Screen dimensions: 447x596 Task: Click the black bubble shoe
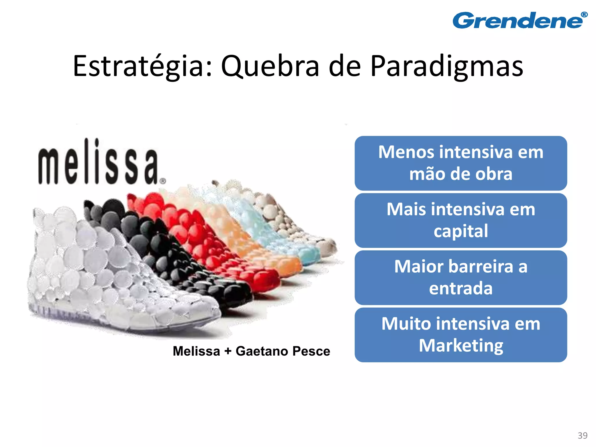point(186,262)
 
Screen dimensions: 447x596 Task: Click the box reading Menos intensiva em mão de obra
point(461,163)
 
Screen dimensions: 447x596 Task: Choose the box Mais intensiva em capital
point(461,220)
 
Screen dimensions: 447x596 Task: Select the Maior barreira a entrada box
point(461,277)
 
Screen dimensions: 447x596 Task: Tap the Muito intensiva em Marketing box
point(461,335)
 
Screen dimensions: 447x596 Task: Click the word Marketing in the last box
point(461,346)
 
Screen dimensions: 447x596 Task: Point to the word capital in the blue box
point(461,231)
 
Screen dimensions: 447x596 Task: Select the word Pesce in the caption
point(311,351)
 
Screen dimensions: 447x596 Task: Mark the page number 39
point(583,435)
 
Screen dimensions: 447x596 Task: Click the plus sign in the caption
point(228,351)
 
